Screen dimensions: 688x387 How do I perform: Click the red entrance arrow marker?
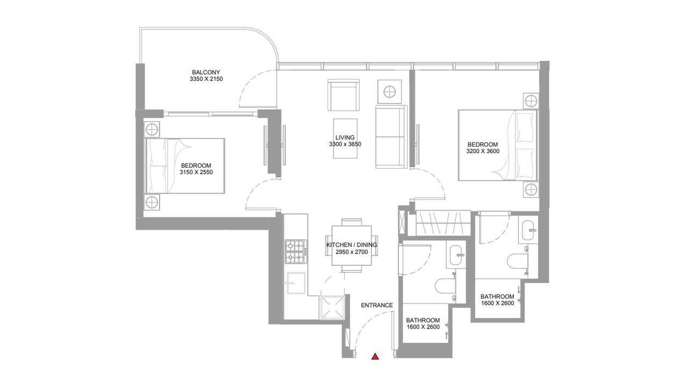pyautogui.click(x=375, y=356)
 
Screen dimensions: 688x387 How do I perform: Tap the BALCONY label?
pyautogui.click(x=206, y=72)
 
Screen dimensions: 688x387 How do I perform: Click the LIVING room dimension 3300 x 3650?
pyautogui.click(x=345, y=144)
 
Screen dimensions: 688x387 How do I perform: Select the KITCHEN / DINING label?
pyautogui.click(x=352, y=245)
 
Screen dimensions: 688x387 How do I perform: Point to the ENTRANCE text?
pyautogui.click(x=377, y=305)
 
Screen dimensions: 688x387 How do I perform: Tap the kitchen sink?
pyautogui.click(x=296, y=283)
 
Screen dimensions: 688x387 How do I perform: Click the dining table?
pyautogui.click(x=352, y=245)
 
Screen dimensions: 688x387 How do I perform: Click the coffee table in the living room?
pyautogui.click(x=345, y=138)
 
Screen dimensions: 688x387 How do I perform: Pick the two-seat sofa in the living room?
pyautogui.click(x=391, y=137)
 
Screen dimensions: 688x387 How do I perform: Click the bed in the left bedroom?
pyautogui.click(x=185, y=166)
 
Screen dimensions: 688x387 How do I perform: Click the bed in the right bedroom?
pyautogui.click(x=498, y=145)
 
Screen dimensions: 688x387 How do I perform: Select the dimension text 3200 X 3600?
pyautogui.click(x=483, y=151)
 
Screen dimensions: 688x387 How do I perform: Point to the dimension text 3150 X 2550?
pyautogui.click(x=196, y=172)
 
